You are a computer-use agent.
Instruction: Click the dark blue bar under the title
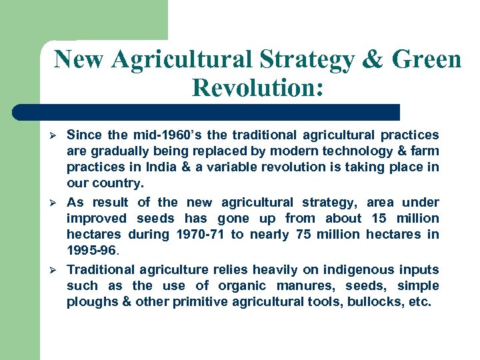pyautogui.click(x=207, y=111)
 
